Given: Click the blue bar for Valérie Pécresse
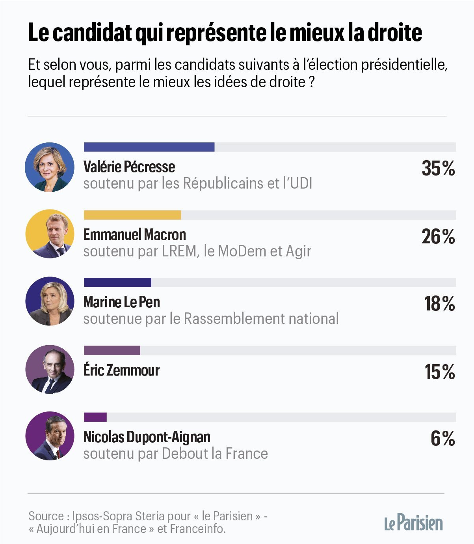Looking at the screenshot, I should [149, 147].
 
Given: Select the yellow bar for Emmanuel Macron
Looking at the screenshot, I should [132, 215].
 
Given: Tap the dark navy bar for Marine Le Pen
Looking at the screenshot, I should [117, 282].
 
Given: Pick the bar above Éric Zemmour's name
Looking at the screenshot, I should [112, 350].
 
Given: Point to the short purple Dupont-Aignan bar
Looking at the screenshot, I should [95, 417].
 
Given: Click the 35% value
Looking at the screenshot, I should [438, 168].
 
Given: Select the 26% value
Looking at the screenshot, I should [438, 237].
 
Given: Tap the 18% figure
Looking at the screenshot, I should [439, 304].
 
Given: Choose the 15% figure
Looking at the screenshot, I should [439, 372].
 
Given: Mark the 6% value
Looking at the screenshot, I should [443, 439].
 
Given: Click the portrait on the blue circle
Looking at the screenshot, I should [50, 167].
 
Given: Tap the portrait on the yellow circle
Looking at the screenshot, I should [50, 234].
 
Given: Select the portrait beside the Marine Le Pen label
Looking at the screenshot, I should [50, 301].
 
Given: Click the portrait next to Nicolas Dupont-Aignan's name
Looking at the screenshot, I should [50, 436].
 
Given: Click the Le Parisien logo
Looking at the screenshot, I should [413, 523].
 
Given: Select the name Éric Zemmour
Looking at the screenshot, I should [121, 370].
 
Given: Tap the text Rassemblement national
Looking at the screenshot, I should [261, 319].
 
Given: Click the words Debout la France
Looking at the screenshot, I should [215, 454].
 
